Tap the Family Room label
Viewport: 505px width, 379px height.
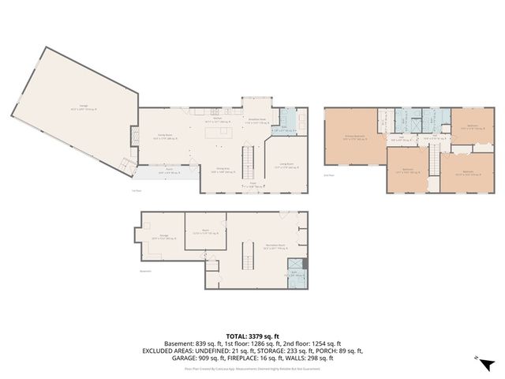[x=163, y=137]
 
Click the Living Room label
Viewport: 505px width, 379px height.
[x=286, y=165]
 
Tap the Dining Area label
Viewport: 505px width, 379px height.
[x=223, y=171]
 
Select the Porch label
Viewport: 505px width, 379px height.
[x=169, y=170]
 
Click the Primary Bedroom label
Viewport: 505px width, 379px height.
[x=354, y=137]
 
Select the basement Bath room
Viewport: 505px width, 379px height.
[x=293, y=272]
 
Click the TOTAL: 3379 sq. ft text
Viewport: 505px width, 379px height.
[x=252, y=336]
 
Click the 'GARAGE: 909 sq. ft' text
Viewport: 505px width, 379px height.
[x=193, y=357]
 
